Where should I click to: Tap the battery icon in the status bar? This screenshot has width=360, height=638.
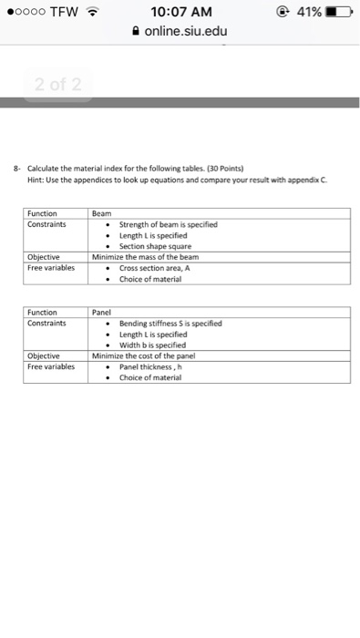pos(339,12)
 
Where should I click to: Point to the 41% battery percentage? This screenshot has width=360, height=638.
pos(306,12)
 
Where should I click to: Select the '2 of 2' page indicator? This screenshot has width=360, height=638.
pos(57,86)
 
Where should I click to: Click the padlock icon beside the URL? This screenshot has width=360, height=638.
pos(135,33)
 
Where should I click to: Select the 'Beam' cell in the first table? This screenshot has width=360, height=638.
pos(101,213)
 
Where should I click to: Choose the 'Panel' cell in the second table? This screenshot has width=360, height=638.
pos(101,312)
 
